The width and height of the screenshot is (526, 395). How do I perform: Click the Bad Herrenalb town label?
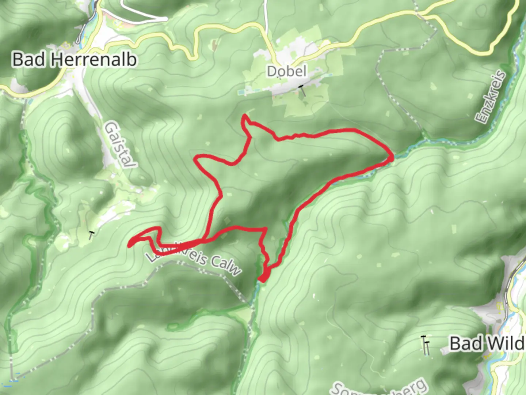[75, 60]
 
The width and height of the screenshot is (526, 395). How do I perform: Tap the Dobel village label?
[286, 71]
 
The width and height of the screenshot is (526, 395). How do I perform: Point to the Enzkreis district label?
[491, 97]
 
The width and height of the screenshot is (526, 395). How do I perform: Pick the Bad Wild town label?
[487, 344]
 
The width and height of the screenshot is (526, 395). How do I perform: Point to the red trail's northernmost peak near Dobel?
[244, 116]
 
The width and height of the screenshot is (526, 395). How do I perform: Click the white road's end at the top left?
[166, 18]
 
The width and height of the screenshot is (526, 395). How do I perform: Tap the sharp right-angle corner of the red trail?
[265, 229]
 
